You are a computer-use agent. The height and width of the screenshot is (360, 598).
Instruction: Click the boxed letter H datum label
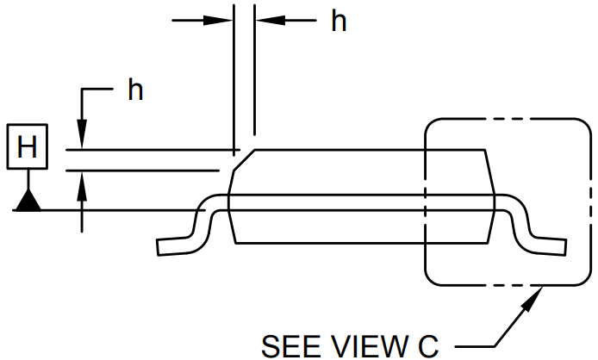(28, 147)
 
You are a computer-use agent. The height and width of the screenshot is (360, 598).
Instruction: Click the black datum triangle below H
(28, 202)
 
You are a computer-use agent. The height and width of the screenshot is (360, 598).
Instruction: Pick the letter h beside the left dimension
(135, 90)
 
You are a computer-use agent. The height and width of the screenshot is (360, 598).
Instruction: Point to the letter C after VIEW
(428, 346)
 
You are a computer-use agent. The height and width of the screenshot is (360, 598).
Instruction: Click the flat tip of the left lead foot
(159, 247)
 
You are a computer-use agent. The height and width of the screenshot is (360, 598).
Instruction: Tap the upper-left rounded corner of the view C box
(432, 125)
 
